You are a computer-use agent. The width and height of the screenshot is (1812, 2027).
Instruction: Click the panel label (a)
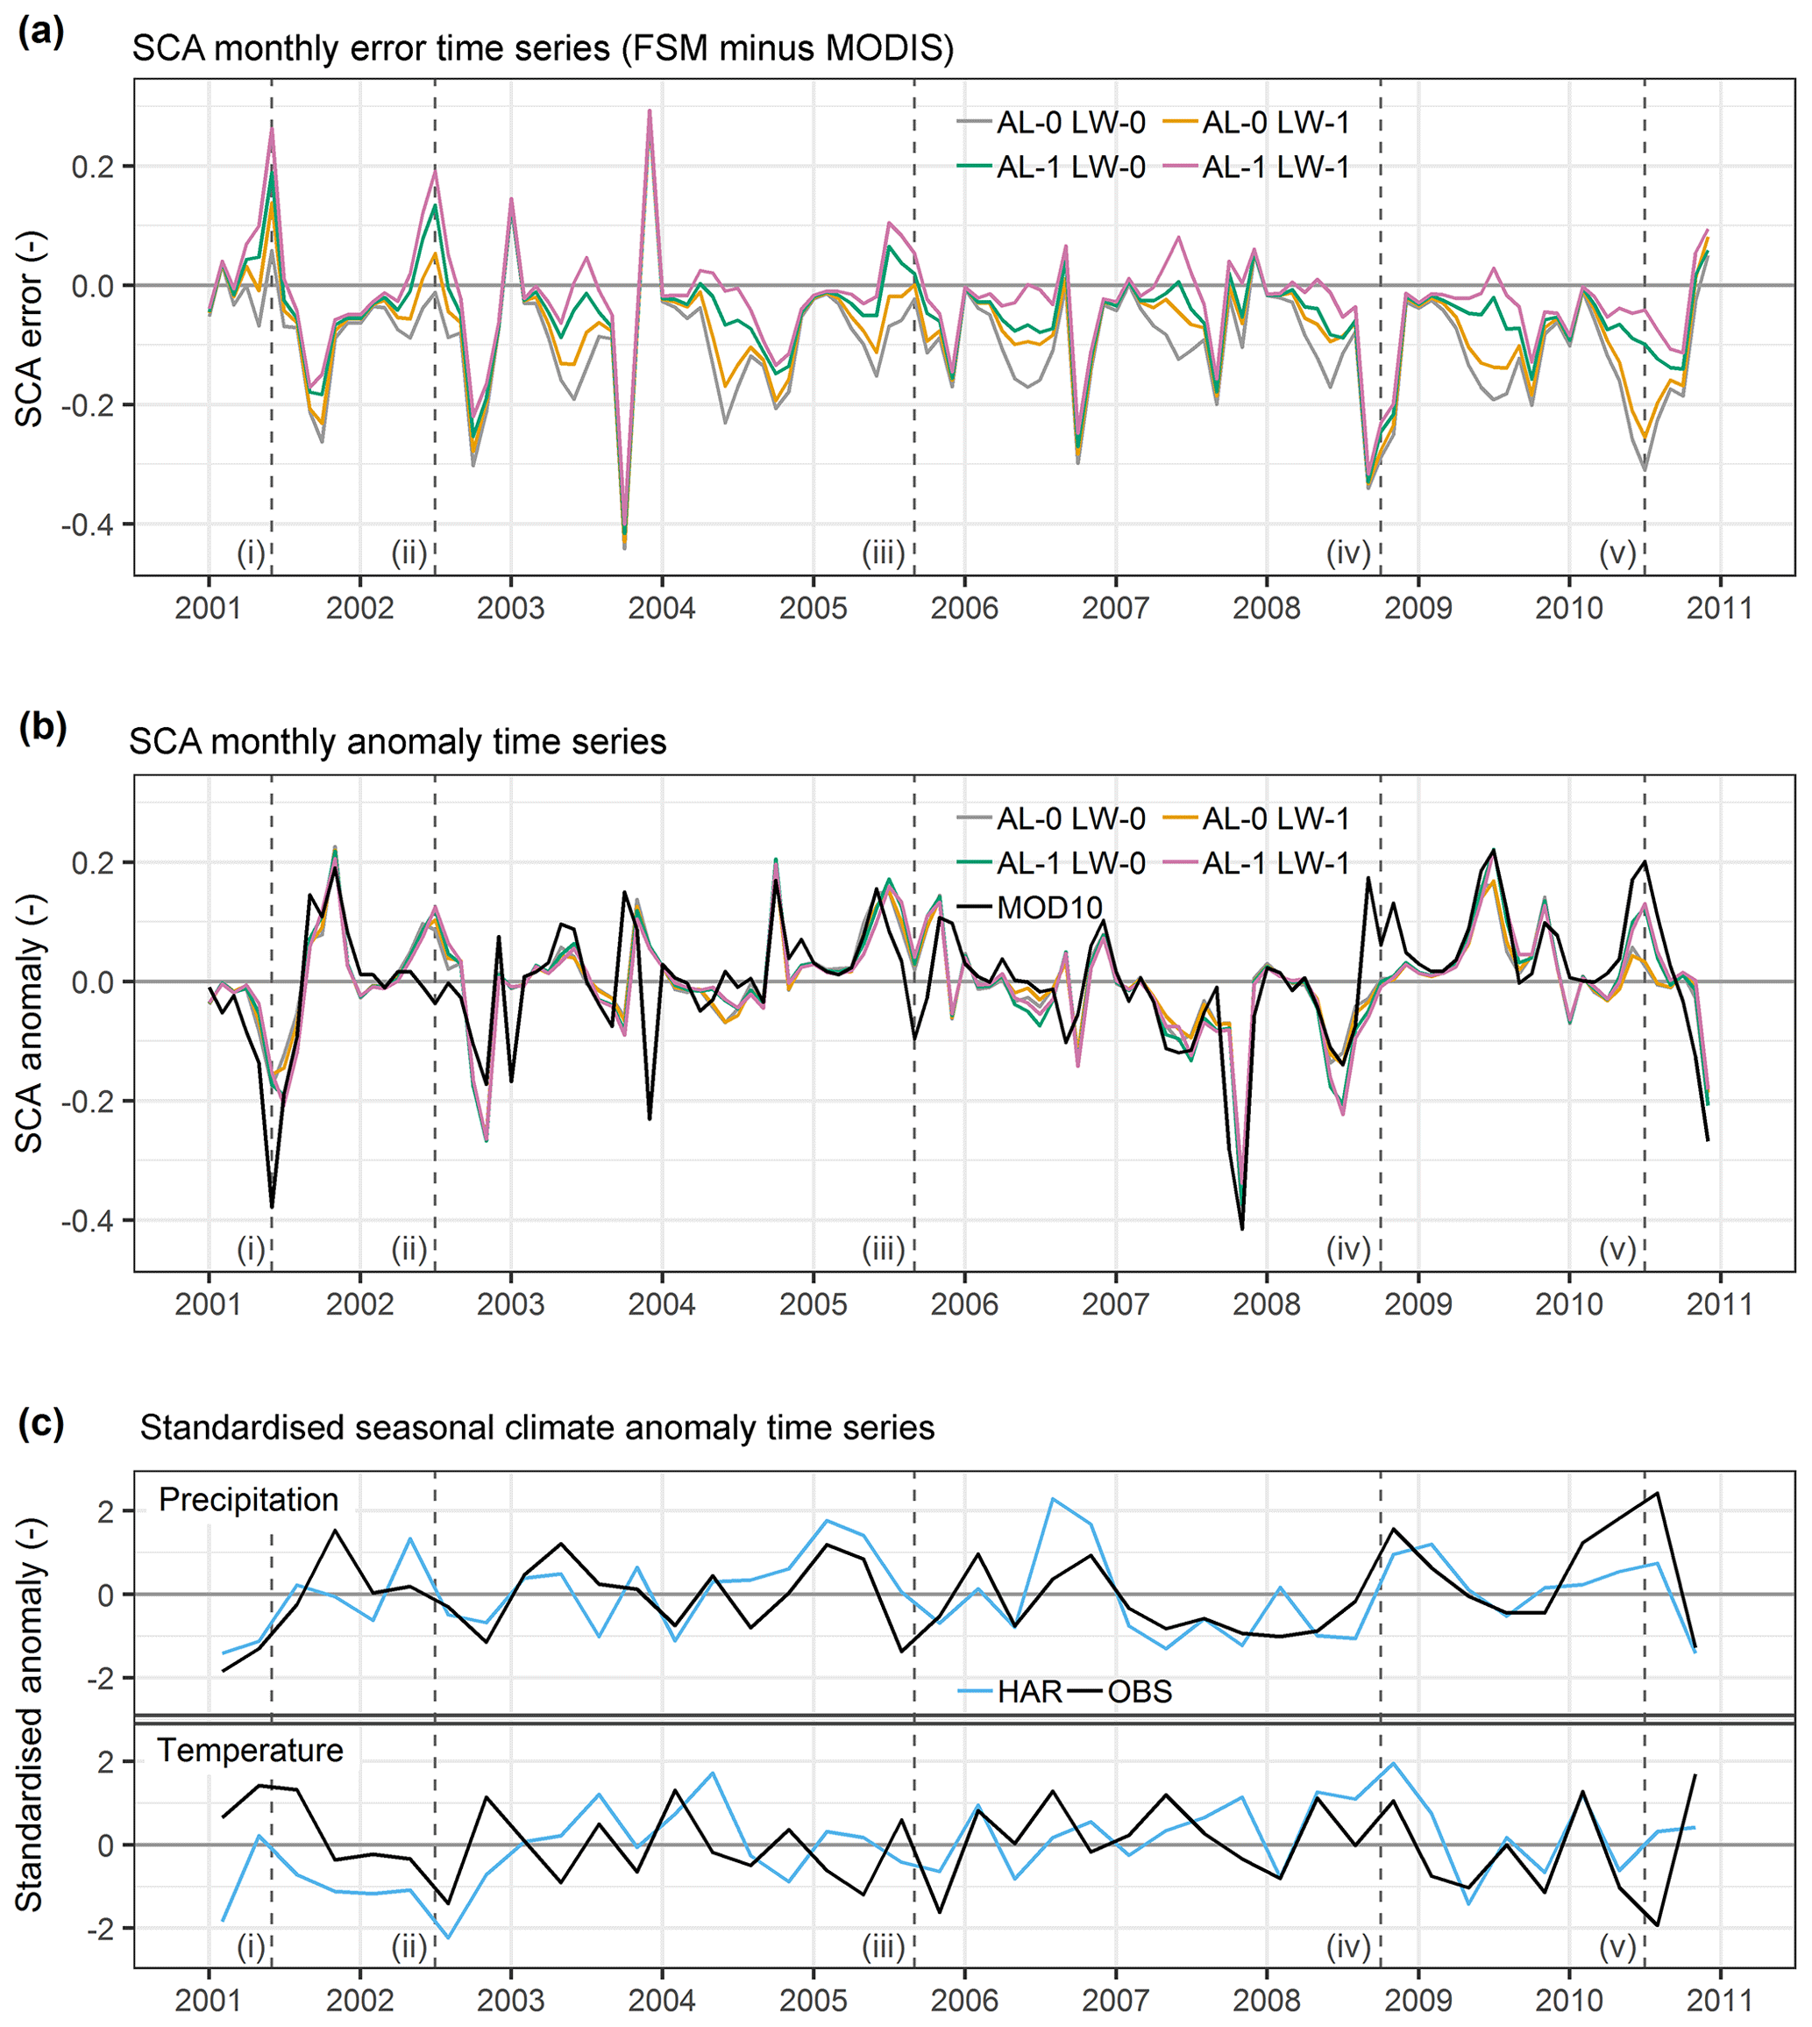41,32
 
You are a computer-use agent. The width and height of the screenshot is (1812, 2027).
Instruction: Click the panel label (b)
42,728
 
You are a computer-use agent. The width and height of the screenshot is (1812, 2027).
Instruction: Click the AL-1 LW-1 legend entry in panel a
1276,168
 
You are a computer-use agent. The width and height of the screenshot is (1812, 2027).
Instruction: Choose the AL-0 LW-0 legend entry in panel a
1070,123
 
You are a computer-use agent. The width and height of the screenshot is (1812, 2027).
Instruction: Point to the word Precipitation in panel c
248,1500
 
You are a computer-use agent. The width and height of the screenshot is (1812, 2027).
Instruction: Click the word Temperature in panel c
250,1750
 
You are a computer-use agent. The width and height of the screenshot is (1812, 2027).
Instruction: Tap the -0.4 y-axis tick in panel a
87,525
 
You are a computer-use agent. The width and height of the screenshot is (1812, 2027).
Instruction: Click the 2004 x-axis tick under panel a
662,608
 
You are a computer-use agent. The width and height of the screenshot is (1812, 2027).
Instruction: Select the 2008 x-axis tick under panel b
1267,1304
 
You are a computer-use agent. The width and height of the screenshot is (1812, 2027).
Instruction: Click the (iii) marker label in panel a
883,552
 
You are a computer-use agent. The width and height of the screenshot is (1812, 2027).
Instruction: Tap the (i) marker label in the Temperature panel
251,1946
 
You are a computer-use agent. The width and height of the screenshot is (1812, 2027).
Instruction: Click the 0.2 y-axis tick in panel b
91,861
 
